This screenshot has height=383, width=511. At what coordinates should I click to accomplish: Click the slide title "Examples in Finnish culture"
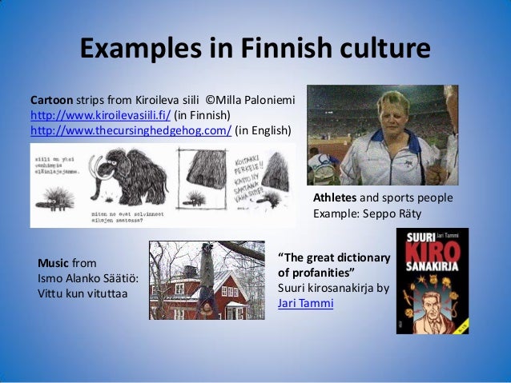pos(255,50)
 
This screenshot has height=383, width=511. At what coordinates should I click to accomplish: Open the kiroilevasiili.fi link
pos(100,115)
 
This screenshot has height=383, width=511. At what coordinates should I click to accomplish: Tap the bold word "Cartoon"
pos(52,101)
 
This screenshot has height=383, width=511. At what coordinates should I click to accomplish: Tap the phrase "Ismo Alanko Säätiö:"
pos(88,277)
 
